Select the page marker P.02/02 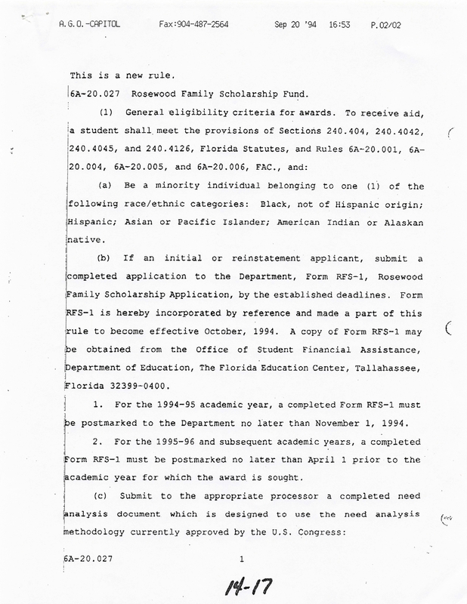[386, 24]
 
